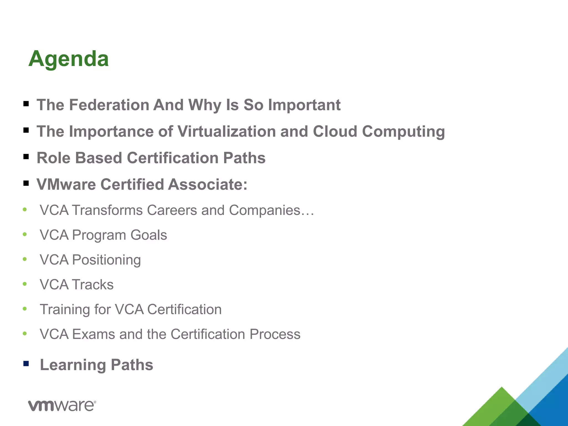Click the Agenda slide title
pyautogui.click(x=69, y=59)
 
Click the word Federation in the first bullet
pyautogui.click(x=109, y=105)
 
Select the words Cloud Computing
pyautogui.click(x=379, y=131)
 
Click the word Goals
pyautogui.click(x=149, y=235)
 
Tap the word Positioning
pyautogui.click(x=106, y=260)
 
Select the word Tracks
pyautogui.click(x=93, y=285)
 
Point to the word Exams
pyautogui.click(x=93, y=334)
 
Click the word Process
pyautogui.click(x=275, y=334)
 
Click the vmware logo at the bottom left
pyautogui.click(x=62, y=406)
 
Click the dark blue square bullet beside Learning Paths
pyautogui.click(x=26, y=364)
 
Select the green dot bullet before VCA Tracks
pyautogui.click(x=25, y=284)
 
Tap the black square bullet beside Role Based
pyautogui.click(x=26, y=157)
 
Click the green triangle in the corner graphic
pyautogui.click(x=496, y=408)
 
